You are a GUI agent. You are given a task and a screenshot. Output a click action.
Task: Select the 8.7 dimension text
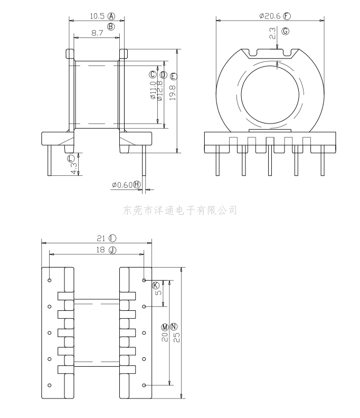coord(97,33)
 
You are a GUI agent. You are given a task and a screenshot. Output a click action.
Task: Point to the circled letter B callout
coord(111,26)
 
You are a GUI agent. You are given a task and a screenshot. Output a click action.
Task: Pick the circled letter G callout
coord(286,31)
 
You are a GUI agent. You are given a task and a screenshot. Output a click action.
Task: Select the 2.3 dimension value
coord(272,34)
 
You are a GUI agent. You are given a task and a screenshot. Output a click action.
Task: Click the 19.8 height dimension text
coord(173,90)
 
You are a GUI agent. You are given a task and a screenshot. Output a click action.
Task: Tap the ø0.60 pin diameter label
coord(122,185)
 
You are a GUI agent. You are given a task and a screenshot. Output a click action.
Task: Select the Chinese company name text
coord(179,210)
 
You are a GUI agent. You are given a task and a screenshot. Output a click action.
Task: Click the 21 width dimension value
coord(101,238)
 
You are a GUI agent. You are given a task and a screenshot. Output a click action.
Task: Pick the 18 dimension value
coord(101,250)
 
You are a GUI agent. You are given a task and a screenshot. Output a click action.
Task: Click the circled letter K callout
coord(156,286)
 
